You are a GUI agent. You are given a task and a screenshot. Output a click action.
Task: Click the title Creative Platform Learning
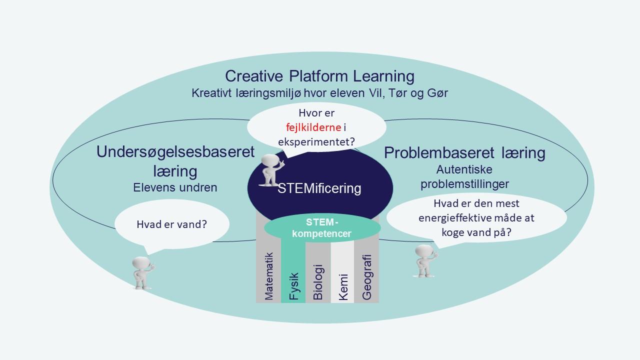pos(319,76)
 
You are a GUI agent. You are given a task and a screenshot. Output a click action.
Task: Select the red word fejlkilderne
pos(313,127)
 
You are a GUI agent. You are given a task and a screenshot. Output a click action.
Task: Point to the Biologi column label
pos(318,282)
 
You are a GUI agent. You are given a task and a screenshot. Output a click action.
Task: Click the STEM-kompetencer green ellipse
pos(322,228)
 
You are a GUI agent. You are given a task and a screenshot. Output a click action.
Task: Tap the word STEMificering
pos(319,188)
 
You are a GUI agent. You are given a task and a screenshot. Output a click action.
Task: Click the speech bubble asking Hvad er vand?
pos(171,224)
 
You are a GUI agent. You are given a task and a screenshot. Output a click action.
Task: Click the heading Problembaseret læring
pos(464,153)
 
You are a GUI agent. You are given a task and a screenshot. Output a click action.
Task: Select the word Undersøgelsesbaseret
pos(175,152)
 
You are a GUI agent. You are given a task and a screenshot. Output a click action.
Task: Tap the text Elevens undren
pos(175,187)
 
